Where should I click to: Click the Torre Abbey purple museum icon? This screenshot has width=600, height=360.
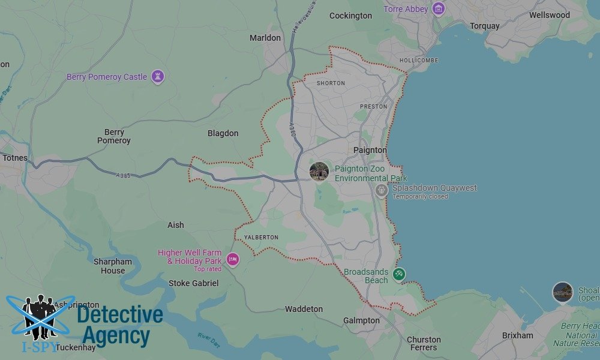439,9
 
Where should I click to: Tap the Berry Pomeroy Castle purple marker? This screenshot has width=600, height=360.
158,77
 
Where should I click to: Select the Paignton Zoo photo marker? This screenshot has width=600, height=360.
319,172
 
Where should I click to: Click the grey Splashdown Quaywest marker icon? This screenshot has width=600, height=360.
382,190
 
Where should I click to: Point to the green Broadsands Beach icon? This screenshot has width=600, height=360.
399,274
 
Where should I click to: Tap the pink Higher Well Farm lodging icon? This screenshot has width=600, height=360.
233,260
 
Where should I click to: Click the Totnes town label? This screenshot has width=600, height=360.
14,158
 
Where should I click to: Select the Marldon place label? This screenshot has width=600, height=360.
265,38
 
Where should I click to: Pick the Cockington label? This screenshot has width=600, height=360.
350,16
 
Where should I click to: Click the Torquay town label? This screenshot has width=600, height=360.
485,26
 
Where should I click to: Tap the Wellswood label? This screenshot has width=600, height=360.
549,15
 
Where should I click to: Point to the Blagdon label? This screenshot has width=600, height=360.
223,133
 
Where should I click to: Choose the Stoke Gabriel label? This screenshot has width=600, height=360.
193,283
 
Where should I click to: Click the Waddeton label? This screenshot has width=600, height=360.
304,309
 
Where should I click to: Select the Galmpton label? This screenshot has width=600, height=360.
361,320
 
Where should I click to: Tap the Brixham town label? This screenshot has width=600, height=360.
517,335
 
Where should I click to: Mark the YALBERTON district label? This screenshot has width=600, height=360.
261,238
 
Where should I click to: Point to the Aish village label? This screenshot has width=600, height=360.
176,225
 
